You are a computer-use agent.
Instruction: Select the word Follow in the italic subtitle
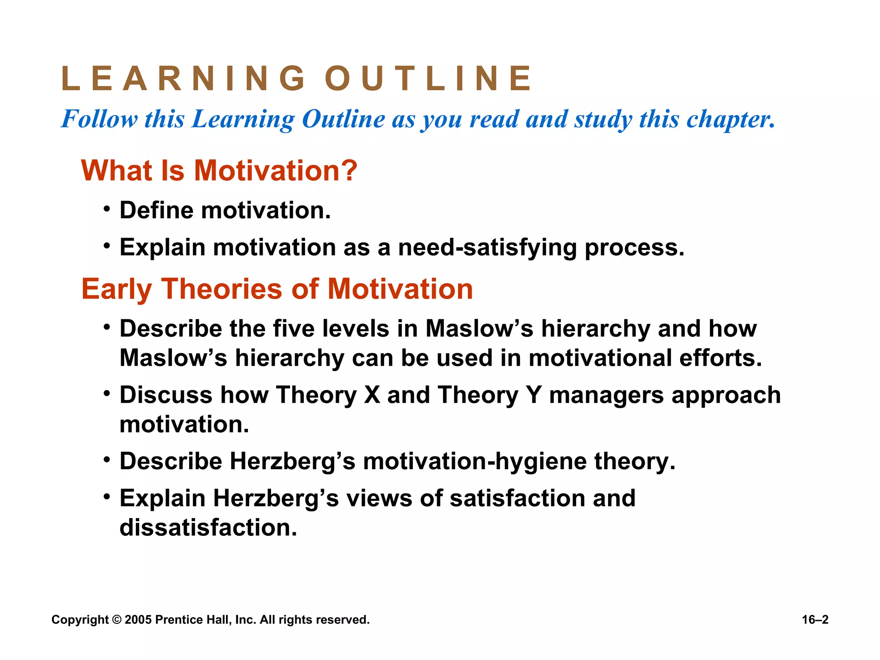click(x=99, y=119)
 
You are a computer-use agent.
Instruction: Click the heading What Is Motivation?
click(x=219, y=171)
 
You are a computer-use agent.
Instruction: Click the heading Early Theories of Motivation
click(x=277, y=289)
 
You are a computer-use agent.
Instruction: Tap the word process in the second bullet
click(x=634, y=248)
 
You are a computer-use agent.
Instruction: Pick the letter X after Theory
click(x=372, y=395)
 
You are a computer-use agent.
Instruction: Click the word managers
click(x=606, y=396)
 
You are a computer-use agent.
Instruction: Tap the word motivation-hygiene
click(x=474, y=461)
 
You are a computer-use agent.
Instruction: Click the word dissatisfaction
click(x=208, y=528)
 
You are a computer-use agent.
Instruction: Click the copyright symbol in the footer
click(x=116, y=620)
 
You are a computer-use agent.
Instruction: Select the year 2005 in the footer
click(x=138, y=620)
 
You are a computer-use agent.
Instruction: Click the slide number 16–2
click(x=815, y=620)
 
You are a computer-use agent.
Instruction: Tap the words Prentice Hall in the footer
click(x=193, y=620)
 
